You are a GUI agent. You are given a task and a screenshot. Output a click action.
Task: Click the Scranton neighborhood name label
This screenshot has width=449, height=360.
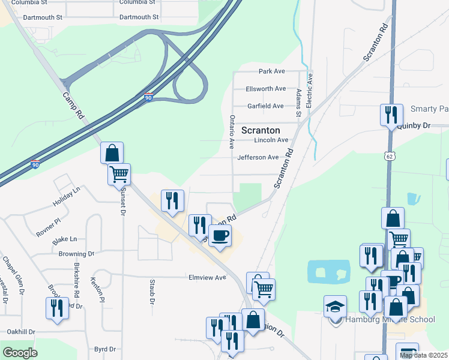coord(261,130)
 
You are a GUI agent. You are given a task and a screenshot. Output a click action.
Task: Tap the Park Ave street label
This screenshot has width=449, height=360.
coord(271,71)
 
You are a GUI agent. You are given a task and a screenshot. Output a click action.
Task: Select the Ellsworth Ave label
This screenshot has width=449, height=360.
coord(266,89)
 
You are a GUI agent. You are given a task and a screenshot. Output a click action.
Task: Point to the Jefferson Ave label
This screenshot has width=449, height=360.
coord(258,157)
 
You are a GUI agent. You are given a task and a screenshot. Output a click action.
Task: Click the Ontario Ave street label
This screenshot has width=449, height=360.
coord(232,132)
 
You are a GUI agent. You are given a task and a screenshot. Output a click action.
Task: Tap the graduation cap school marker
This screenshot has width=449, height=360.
coord(335,307)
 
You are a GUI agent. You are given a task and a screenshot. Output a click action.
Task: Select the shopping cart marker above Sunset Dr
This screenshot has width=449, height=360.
coord(119,175)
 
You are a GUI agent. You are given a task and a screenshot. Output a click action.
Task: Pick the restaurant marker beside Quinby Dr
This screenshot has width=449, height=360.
coord(391,114)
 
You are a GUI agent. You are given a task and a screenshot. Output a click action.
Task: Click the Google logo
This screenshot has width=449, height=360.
coord(20,353)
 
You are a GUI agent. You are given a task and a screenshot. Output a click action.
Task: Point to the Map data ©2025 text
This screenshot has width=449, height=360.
coord(424,356)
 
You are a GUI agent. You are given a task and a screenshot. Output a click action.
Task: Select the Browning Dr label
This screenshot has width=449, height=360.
coord(77,254)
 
